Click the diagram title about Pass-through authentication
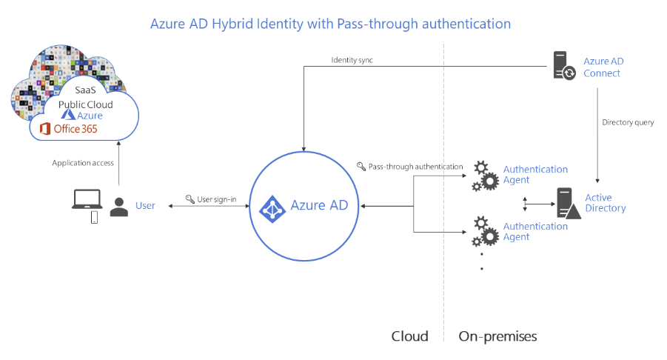tap(330, 24)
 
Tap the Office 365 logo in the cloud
tap(68, 129)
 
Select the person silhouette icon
tap(118, 207)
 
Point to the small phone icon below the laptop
tap(94, 217)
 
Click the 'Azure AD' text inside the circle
tap(319, 205)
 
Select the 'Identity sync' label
tap(352, 59)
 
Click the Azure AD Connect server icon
tap(563, 66)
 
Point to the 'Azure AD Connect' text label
tap(602, 67)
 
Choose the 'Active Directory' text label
tap(605, 202)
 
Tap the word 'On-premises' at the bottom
tap(497, 336)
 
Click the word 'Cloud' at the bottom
tap(409, 336)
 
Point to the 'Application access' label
tap(83, 163)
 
